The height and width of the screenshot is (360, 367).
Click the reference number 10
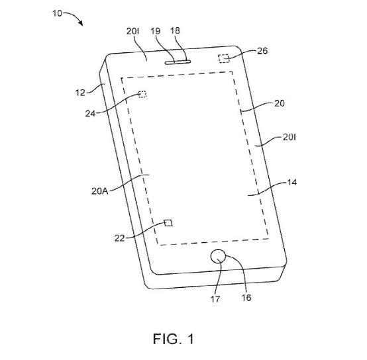(x=57, y=13)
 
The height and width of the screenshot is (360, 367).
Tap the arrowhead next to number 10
(x=80, y=23)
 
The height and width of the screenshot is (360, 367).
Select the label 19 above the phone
(x=155, y=31)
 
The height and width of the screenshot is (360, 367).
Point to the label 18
(x=175, y=30)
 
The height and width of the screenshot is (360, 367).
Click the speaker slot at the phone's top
(x=178, y=62)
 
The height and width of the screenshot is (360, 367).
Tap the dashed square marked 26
(x=224, y=58)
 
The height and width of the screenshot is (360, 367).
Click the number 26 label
(x=262, y=51)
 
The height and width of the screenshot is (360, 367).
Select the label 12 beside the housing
(x=80, y=93)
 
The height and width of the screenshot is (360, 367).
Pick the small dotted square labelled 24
(x=142, y=94)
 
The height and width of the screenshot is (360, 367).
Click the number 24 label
(x=90, y=114)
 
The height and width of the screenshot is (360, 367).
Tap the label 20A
(x=100, y=191)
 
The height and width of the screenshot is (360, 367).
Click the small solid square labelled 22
(x=168, y=223)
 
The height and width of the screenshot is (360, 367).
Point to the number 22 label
(x=119, y=238)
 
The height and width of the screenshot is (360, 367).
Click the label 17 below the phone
(x=215, y=299)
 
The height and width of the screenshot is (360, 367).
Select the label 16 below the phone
(x=246, y=298)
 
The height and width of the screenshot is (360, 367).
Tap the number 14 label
(x=292, y=183)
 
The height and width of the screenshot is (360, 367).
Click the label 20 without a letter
(x=280, y=103)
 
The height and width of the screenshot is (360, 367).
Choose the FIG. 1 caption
(x=174, y=339)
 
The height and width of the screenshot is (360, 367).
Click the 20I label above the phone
(x=132, y=31)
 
